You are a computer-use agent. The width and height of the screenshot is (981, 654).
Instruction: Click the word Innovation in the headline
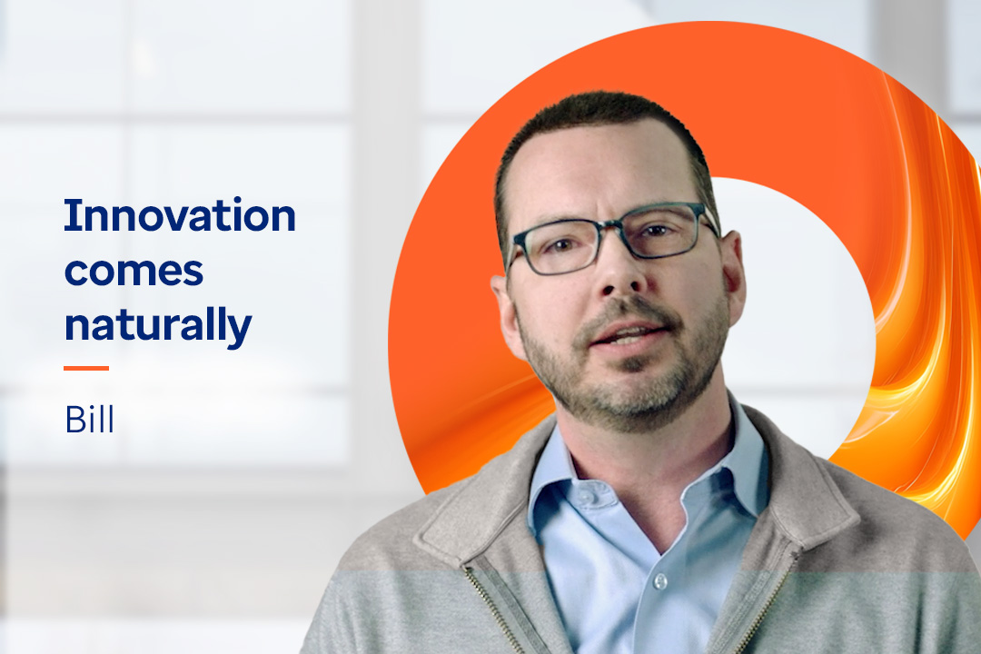180,215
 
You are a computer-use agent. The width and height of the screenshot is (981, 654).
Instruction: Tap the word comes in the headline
134,272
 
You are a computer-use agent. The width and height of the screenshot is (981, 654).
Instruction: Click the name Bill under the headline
90,420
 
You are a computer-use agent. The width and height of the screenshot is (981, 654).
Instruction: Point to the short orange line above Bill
86,368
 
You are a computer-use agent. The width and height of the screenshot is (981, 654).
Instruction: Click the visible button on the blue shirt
660,582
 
